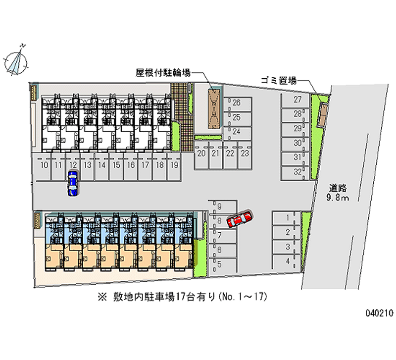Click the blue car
click(x=73, y=182)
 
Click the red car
click(x=240, y=219)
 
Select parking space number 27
click(x=297, y=100)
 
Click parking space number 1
click(x=287, y=217)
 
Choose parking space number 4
click(x=287, y=260)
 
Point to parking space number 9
click(x=219, y=206)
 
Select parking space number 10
click(x=45, y=165)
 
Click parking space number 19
click(x=174, y=165)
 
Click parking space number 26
click(x=236, y=103)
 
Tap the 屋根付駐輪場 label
click(x=163, y=73)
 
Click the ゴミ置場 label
click(x=280, y=80)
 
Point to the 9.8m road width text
click(x=339, y=198)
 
